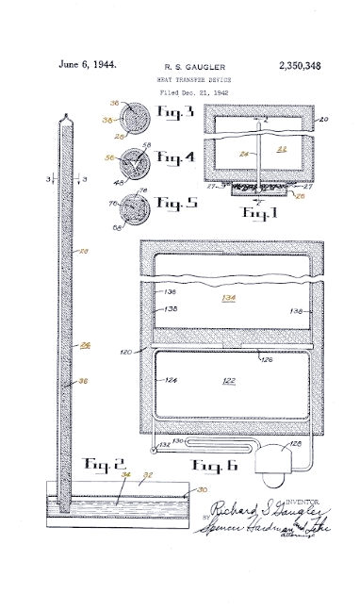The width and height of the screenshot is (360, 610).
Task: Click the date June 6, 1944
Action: coord(87,65)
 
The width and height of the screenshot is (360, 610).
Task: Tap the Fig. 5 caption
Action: coord(174,202)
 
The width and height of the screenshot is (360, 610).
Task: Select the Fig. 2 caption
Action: coord(98,465)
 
